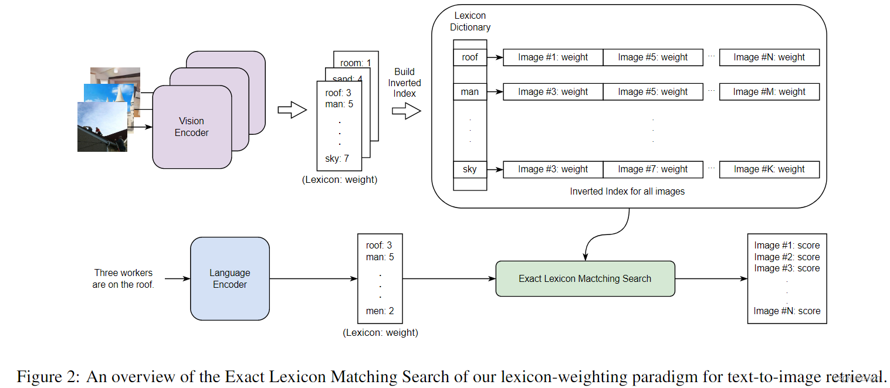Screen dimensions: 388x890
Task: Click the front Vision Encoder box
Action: click(191, 127)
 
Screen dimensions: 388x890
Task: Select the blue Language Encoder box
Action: click(229, 278)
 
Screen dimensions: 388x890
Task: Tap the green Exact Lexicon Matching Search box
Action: click(584, 279)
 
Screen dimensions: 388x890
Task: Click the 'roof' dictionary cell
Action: click(469, 57)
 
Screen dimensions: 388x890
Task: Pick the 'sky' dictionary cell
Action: click(469, 169)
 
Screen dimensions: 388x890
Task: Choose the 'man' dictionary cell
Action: click(469, 92)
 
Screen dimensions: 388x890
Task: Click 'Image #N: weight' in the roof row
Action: click(769, 57)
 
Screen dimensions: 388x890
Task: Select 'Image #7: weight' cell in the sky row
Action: click(652, 169)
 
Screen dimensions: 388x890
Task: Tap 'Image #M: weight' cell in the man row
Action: click(769, 92)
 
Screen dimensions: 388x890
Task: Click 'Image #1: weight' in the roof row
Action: click(553, 57)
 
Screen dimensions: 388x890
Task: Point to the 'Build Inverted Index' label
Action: click(404, 83)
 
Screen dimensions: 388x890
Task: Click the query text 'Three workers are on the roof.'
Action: click(123, 279)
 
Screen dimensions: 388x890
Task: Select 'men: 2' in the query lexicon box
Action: click(380, 311)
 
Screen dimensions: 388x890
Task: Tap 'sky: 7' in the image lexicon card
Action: click(337, 159)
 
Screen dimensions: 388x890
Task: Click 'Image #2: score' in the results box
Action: click(786, 257)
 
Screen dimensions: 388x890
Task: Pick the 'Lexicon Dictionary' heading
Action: click(470, 21)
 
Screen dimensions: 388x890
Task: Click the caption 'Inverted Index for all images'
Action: click(627, 192)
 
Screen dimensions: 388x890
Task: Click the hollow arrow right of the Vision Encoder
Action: click(292, 110)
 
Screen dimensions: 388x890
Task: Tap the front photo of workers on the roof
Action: click(101, 127)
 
